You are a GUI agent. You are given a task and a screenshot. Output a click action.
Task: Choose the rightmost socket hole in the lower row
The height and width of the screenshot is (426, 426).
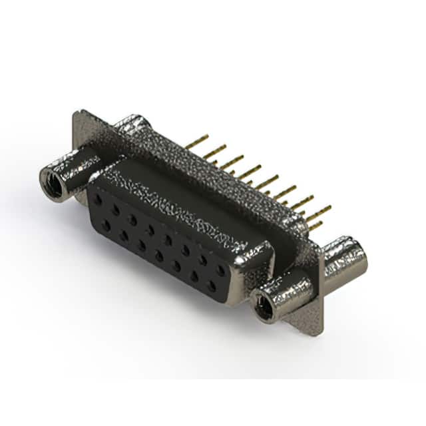212,286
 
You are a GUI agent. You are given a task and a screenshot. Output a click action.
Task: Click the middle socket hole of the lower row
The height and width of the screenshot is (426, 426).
159,256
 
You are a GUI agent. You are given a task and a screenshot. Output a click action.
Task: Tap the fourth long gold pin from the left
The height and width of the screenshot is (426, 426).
250,171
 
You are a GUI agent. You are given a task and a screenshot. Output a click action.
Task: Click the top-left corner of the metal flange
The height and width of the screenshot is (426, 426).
77,113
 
